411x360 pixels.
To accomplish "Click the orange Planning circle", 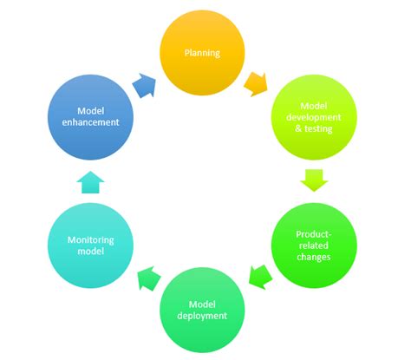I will point(201,54).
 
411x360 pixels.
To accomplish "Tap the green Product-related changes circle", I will point(313,245).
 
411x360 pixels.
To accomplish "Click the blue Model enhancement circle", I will point(91,117).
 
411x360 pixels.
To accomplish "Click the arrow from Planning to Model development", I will point(256,84).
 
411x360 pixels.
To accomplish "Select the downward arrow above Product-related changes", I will point(313,180).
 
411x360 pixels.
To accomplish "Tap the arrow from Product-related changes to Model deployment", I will point(258,278).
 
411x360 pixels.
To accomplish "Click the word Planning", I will point(201,54).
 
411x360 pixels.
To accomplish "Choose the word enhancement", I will point(91,124).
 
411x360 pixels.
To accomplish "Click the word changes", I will point(313,258).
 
